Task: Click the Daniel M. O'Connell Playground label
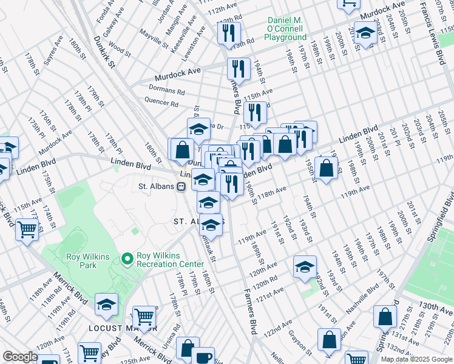click(x=285, y=29)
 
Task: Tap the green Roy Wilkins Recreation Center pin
click(x=127, y=259)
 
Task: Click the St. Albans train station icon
click(x=181, y=186)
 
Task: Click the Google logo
click(x=20, y=357)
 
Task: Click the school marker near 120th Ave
click(x=305, y=266)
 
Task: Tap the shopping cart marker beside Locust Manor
click(x=144, y=316)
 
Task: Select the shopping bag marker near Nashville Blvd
click(x=385, y=316)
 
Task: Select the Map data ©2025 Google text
click(x=416, y=359)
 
